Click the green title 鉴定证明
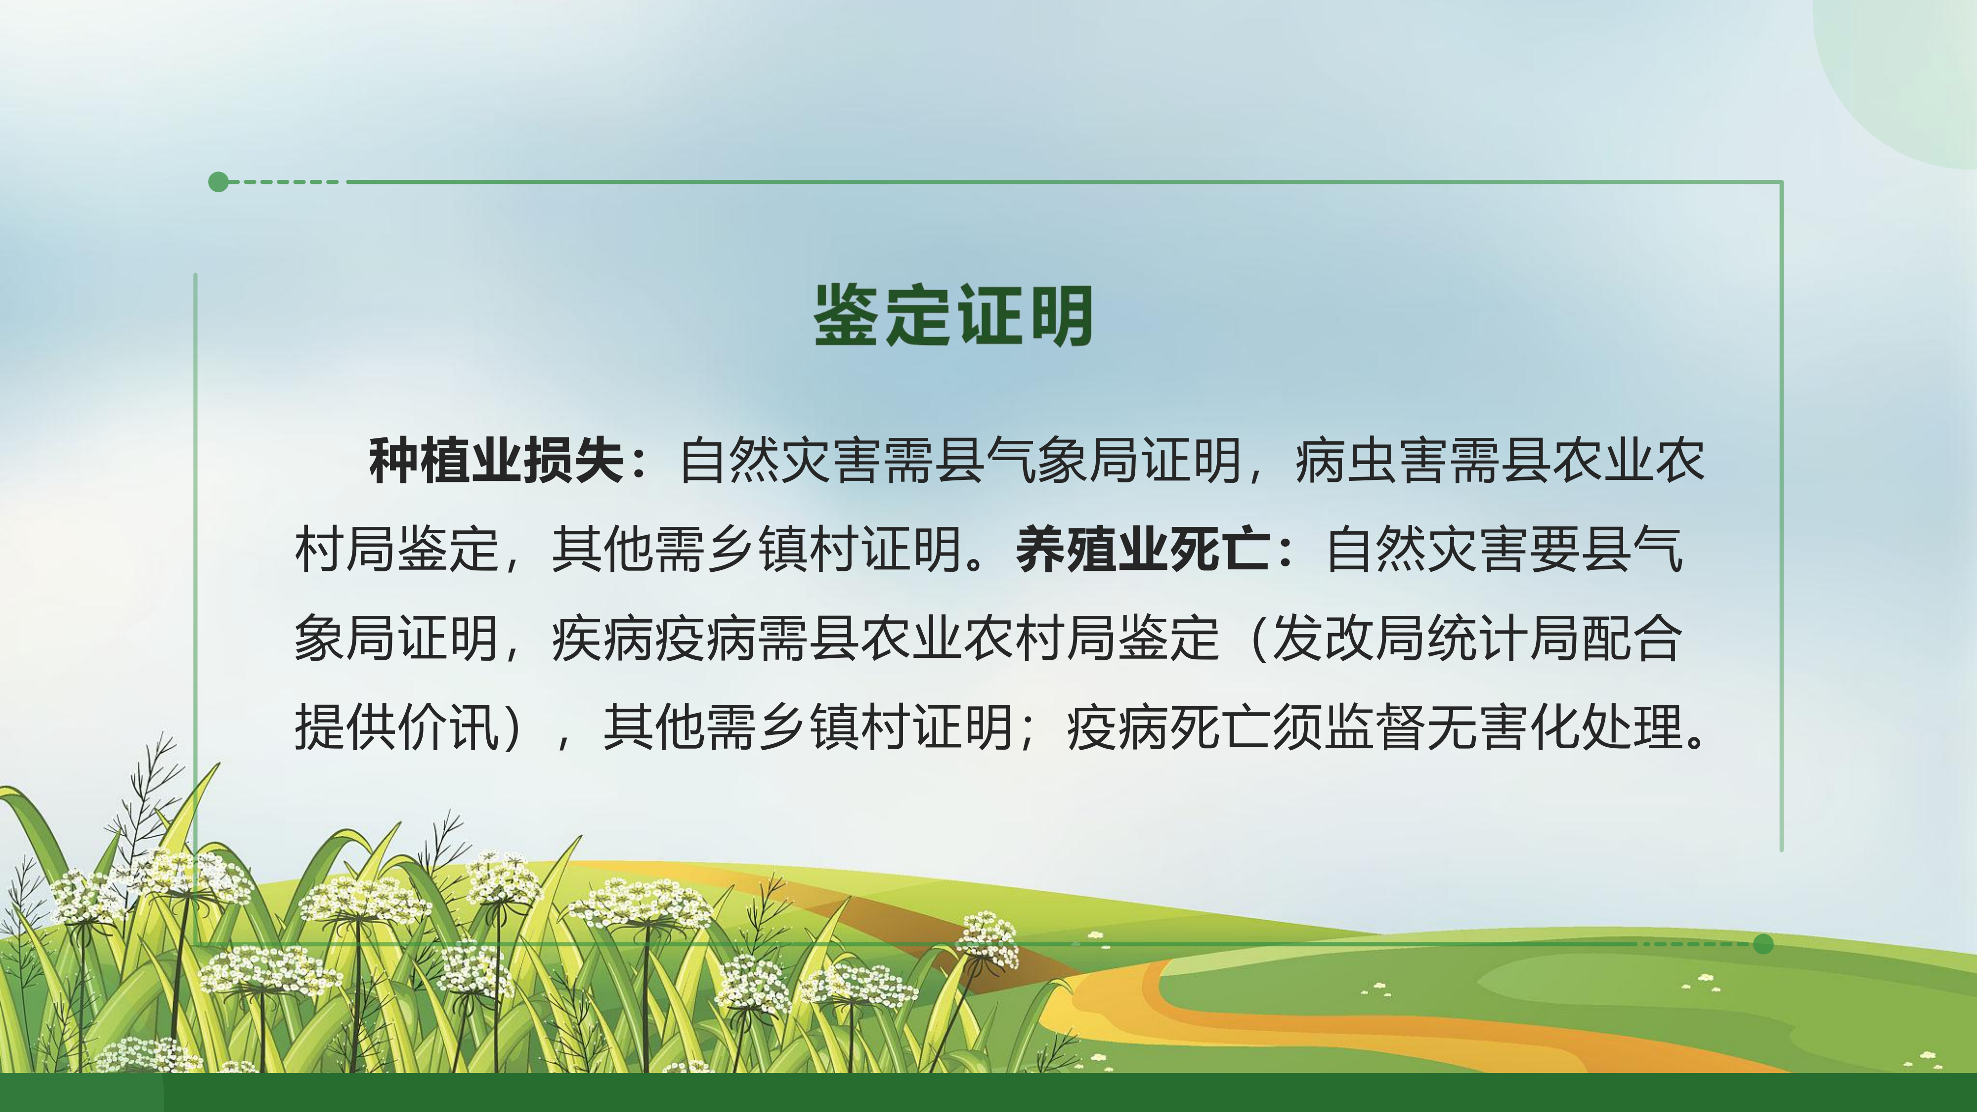tap(954, 315)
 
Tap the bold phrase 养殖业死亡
tap(1142, 550)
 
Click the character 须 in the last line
tap(1298, 726)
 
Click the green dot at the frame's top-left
tap(219, 182)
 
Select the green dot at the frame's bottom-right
tap(1763, 944)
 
